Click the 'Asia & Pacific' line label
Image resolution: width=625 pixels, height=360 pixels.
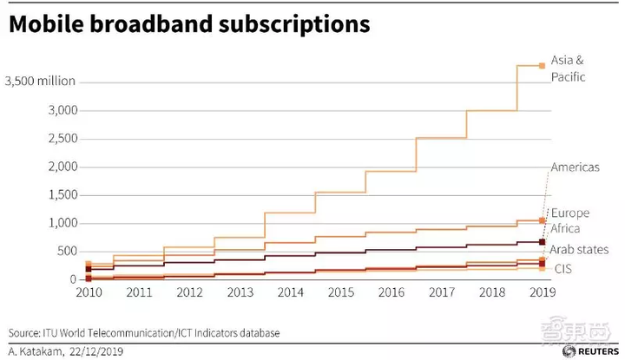569,68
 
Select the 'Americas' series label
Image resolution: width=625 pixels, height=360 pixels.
576,167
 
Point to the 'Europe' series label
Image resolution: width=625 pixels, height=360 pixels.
570,213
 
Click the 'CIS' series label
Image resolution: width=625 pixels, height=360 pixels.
562,270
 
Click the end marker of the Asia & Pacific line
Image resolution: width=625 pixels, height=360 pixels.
543,65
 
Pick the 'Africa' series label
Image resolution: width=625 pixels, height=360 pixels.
567,229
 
